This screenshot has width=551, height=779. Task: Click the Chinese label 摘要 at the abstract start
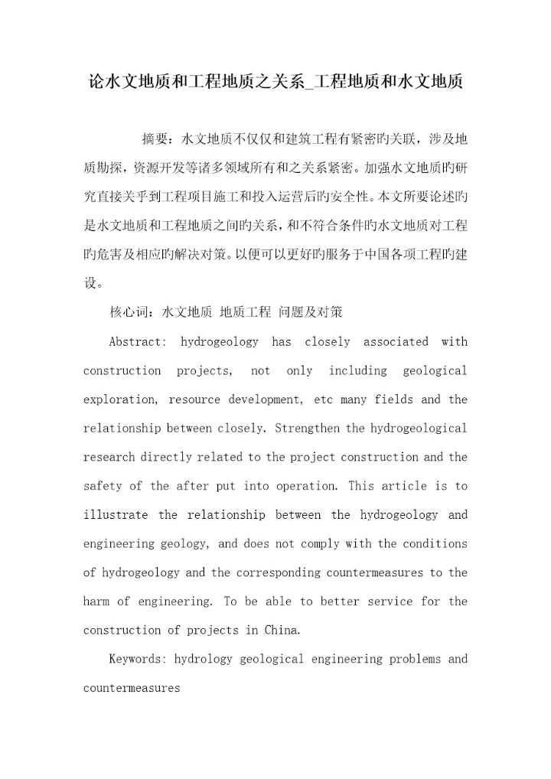[x=157, y=139]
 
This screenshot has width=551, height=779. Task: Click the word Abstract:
[x=137, y=342]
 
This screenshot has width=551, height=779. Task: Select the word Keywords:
[x=138, y=659]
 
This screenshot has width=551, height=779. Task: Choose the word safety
[x=102, y=486]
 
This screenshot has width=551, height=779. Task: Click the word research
[x=109, y=458]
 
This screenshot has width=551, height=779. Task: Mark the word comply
[x=317, y=544]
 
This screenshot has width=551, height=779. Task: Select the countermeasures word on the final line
[x=131, y=688]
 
